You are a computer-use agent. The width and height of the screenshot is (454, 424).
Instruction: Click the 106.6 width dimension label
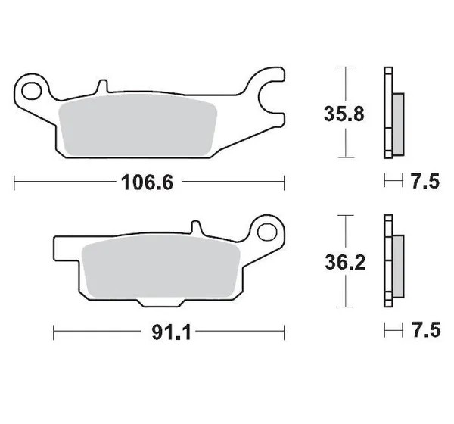147,182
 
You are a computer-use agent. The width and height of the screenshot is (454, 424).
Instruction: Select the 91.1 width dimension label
172,332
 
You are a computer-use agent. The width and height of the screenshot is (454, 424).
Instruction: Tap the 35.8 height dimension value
344,114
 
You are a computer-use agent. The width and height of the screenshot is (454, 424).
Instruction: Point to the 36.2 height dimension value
345,263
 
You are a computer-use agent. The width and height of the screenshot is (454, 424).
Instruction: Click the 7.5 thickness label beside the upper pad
425,182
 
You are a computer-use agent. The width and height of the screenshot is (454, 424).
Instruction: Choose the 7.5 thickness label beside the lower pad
426,330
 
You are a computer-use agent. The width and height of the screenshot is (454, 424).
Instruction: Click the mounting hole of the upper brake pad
32,91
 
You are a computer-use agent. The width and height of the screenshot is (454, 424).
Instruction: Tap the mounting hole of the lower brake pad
267,232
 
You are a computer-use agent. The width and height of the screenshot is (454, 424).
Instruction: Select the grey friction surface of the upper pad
138,125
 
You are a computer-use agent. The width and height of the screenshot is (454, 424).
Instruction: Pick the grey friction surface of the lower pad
161,267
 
